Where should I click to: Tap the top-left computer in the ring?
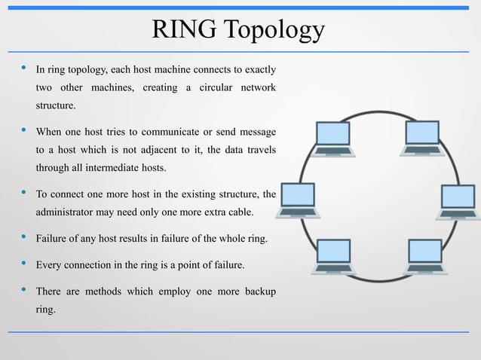point(332,137)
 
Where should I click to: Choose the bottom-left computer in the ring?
point(332,255)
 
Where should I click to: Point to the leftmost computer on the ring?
point(298,200)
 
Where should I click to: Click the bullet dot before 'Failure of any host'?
point(23,239)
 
